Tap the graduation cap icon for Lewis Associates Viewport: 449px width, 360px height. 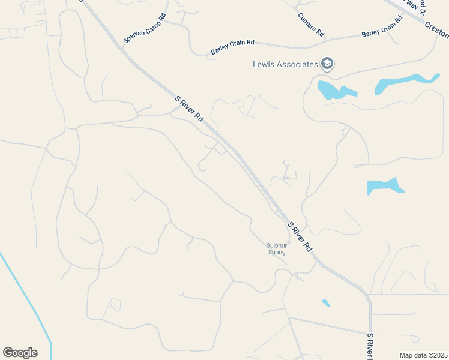coord(327,64)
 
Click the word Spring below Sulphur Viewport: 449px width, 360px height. coord(276,252)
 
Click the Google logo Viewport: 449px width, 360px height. coord(20,353)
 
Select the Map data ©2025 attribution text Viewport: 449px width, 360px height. coord(423,355)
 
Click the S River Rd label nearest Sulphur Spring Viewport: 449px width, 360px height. coord(300,236)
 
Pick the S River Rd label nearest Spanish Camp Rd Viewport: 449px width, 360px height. coord(190,109)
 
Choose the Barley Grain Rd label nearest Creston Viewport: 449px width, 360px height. coord(382,30)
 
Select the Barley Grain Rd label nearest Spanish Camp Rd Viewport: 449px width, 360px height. coord(233,47)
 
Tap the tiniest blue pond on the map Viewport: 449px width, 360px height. coord(325,303)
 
